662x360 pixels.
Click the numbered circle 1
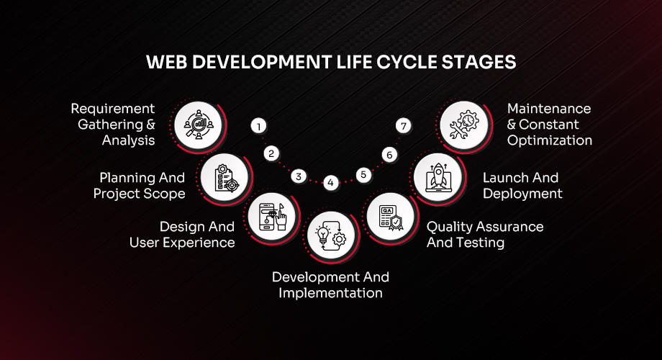point(258,126)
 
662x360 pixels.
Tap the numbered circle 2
point(271,153)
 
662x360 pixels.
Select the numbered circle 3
point(299,176)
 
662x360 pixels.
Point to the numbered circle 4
point(330,183)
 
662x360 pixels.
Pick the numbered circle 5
point(363,175)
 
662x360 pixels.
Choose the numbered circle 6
point(389,154)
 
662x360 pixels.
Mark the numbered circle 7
point(404,126)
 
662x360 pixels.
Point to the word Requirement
point(112,109)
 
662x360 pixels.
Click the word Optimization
point(549,140)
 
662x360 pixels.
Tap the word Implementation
point(330,293)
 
